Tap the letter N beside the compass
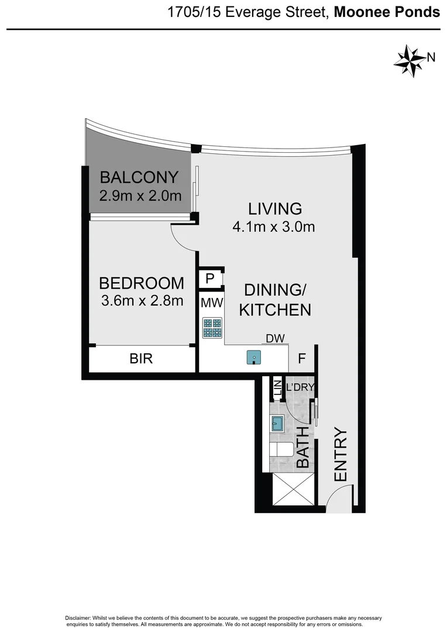click(x=431, y=57)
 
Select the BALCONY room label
click(x=139, y=177)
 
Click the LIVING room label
click(x=274, y=208)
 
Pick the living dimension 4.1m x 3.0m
click(x=274, y=226)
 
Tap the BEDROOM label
click(x=141, y=283)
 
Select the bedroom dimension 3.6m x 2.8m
click(x=141, y=301)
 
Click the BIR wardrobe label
click(x=141, y=359)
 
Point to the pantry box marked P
click(x=210, y=279)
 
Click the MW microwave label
click(x=210, y=303)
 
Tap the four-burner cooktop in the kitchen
click(x=212, y=328)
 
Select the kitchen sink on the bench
click(x=253, y=357)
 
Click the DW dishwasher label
click(x=274, y=338)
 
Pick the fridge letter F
click(x=302, y=359)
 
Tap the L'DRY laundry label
click(x=300, y=386)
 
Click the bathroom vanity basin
click(x=277, y=423)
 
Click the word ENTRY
click(x=341, y=455)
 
